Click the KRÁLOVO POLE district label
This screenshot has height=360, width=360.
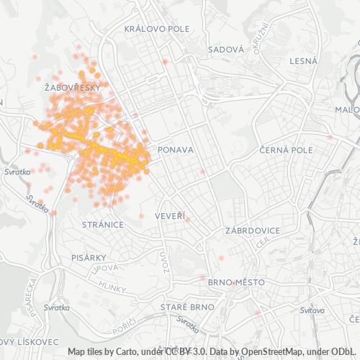pyautogui.click(x=156, y=29)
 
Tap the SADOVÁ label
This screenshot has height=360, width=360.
pyautogui.click(x=225, y=50)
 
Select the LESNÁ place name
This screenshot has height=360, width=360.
pyautogui.click(x=303, y=61)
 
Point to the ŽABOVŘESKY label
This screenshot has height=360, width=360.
pyautogui.click(x=72, y=87)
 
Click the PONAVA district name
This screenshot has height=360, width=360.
pyautogui.click(x=176, y=150)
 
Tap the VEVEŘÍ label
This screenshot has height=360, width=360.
pyautogui.click(x=170, y=216)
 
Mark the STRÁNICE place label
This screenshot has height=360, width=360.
pyautogui.click(x=103, y=225)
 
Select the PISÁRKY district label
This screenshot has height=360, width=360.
pyautogui.click(x=89, y=257)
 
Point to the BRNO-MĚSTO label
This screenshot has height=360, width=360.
pyautogui.click(x=235, y=282)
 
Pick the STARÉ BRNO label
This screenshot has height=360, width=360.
pyautogui.click(x=188, y=307)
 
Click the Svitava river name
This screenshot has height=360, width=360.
pyautogui.click(x=312, y=310)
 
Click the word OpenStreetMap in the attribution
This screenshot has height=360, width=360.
pyautogui.click(x=260, y=351)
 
